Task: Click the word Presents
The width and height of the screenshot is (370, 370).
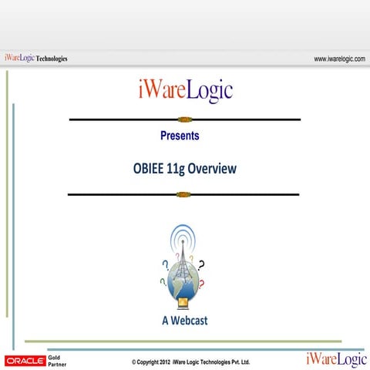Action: [x=180, y=136]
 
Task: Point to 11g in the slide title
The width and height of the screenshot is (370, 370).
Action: [x=177, y=168]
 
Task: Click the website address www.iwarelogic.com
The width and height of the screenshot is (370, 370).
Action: [x=339, y=59]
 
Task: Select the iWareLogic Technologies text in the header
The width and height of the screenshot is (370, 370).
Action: [x=35, y=58]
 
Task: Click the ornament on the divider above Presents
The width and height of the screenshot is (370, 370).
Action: [x=183, y=119]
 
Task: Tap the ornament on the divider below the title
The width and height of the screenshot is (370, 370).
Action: [x=183, y=194]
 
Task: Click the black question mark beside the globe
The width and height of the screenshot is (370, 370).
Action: [x=202, y=265]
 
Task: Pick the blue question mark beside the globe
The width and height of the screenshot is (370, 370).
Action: [x=164, y=265]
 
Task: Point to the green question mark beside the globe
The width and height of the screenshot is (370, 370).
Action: [x=163, y=282]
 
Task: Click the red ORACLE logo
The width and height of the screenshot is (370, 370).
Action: [x=25, y=360]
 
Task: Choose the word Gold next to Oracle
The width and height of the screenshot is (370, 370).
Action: [x=55, y=357]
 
